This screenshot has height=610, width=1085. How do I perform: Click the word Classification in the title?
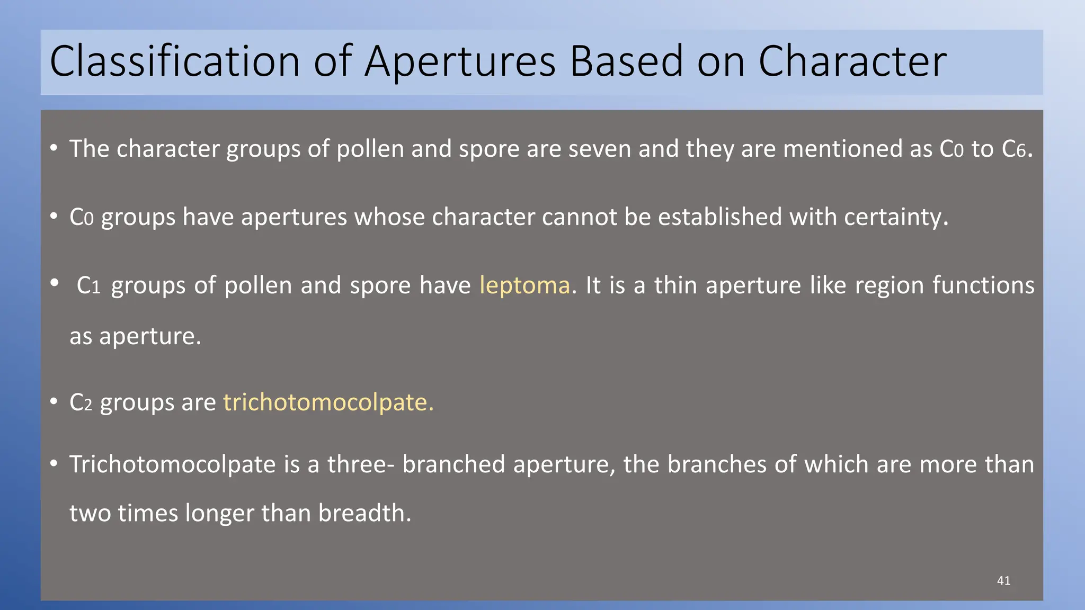[x=175, y=62]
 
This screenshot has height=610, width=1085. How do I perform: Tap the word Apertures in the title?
[x=460, y=62]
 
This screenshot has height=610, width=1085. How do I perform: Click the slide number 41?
[x=1003, y=581]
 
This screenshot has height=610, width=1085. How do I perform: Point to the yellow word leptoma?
[x=524, y=286]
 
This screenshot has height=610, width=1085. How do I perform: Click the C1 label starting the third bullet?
[x=88, y=286]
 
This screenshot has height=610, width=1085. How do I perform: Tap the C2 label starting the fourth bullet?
[x=81, y=403]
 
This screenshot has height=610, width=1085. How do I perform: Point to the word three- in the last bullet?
[x=361, y=465]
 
